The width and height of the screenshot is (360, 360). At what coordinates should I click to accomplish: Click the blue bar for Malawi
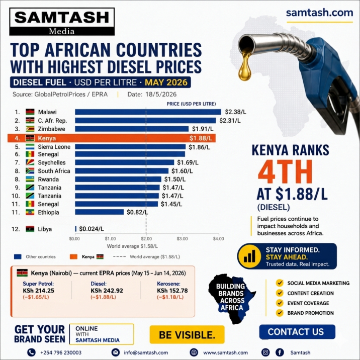[x=148, y=112]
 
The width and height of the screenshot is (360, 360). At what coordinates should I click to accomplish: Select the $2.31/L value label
[x=230, y=121]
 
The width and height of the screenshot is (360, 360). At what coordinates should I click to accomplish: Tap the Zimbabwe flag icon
[x=30, y=129]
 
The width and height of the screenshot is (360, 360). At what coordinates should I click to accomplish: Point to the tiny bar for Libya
[x=76, y=229]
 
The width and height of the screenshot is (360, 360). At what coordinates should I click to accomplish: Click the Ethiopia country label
[x=48, y=212]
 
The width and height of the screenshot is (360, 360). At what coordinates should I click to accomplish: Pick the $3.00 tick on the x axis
[x=182, y=239]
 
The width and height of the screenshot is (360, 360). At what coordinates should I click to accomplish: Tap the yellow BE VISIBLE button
[x=187, y=334]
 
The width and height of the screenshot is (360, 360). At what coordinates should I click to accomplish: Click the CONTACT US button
[x=297, y=332]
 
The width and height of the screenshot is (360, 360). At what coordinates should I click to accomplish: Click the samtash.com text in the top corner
[x=319, y=13]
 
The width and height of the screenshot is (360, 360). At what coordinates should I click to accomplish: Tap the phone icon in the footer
[x=31, y=352]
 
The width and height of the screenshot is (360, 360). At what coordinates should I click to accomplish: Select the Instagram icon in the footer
[x=265, y=352]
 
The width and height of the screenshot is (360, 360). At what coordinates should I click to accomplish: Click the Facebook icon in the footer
[x=280, y=352]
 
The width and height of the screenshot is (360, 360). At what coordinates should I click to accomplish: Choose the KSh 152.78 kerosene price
[x=172, y=291]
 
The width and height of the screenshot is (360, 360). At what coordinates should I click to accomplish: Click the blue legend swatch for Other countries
[x=18, y=257]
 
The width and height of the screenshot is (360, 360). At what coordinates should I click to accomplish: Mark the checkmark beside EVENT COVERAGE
[x=280, y=303]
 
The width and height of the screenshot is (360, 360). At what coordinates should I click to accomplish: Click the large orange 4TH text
[x=285, y=172]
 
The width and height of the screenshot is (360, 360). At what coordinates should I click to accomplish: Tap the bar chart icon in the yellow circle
[x=249, y=256]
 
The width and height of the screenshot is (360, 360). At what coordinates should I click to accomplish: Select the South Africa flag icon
[x=30, y=171]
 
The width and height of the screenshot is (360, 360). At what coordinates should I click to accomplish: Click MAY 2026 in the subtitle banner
[x=166, y=82]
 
